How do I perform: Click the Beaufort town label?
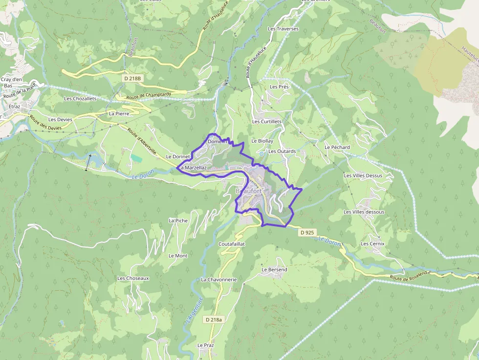pyautogui.click(x=249, y=191)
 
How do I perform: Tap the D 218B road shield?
pyautogui.click(x=132, y=78)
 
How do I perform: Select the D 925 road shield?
pyautogui.click(x=307, y=233)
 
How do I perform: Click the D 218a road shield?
pyautogui.click(x=214, y=319)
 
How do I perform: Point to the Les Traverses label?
pyautogui.click(x=283, y=29)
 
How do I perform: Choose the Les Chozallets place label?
pyautogui.click(x=80, y=98)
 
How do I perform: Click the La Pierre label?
pyautogui.click(x=118, y=113)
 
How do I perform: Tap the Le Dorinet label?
pyautogui.click(x=178, y=156)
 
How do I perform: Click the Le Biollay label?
pyautogui.click(x=262, y=141)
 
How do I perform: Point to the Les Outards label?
pyautogui.click(x=282, y=151)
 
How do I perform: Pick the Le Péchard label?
pyautogui.click(x=337, y=147)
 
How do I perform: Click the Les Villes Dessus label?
pyautogui.click(x=363, y=175)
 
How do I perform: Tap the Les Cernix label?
pyautogui.click(x=372, y=243)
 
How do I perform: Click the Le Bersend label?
pyautogui.click(x=274, y=269)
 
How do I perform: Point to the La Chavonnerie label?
pyautogui.click(x=218, y=279)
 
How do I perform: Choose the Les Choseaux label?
pyautogui.click(x=133, y=278)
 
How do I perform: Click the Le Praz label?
pyautogui.click(x=206, y=345)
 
